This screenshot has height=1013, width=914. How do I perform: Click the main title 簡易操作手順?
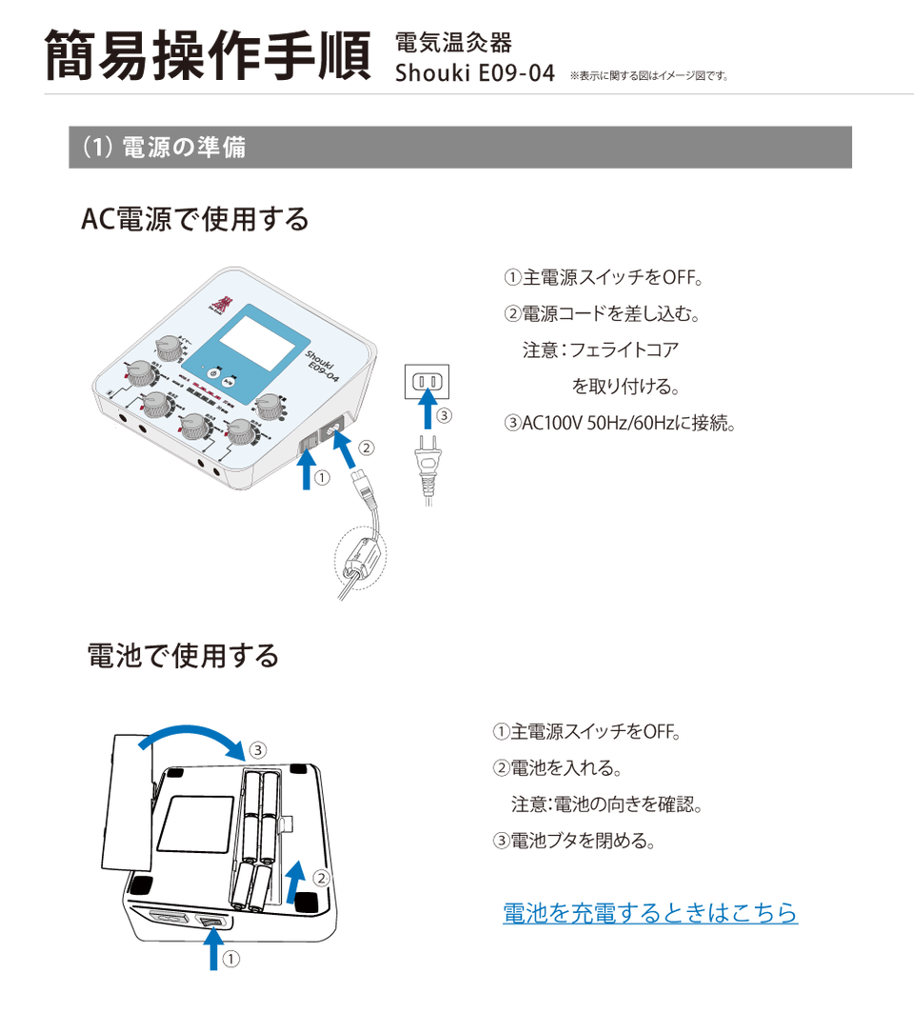tap(208, 55)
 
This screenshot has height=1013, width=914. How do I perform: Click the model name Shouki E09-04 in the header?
tap(474, 73)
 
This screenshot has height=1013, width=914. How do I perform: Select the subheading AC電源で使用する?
tap(196, 220)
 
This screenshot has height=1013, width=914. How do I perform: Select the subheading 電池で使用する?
tap(183, 655)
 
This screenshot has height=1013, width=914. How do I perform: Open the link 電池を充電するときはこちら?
tap(649, 912)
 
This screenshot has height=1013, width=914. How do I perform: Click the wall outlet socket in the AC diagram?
tap(427, 382)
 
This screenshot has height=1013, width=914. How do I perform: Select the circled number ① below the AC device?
tap(322, 478)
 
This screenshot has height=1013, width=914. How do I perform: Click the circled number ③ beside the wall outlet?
tap(444, 415)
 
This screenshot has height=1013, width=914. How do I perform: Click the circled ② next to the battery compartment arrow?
tap(321, 877)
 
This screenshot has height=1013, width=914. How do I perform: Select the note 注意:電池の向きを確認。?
tap(606, 804)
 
